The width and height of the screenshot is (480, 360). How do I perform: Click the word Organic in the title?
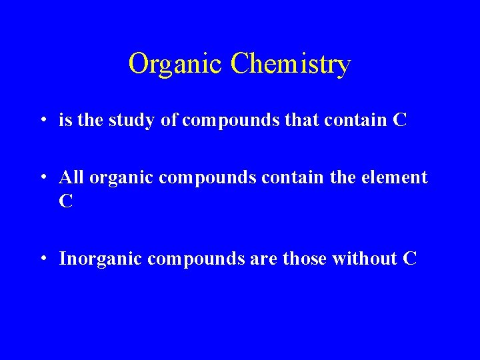[x=175, y=65]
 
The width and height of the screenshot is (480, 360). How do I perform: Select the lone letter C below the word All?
[x=65, y=201]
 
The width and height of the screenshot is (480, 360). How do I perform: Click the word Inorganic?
[x=100, y=259]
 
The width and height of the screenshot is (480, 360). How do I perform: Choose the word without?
[x=365, y=259]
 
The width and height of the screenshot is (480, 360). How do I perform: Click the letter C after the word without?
[x=410, y=259]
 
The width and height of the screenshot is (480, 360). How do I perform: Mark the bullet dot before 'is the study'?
[x=43, y=121]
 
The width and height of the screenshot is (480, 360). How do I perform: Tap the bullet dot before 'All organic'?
[x=43, y=179]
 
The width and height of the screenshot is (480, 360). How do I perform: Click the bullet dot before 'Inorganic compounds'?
[x=43, y=259]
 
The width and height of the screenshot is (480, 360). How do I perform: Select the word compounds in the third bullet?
[x=196, y=259]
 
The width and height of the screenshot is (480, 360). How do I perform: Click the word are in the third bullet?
[x=263, y=259]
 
